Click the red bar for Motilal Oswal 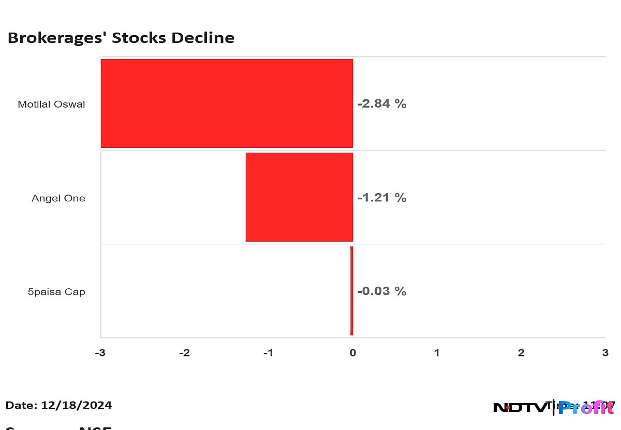[x=227, y=103]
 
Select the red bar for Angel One [x=299, y=197]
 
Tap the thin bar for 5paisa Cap [x=351, y=291]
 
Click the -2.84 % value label [x=382, y=103]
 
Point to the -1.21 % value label [x=382, y=198]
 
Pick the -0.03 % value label [x=382, y=291]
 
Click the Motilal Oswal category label [x=51, y=104]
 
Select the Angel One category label [x=58, y=198]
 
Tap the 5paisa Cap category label [x=56, y=292]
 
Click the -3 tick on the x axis [x=100, y=353]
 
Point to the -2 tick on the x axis [x=184, y=353]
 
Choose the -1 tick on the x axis [x=268, y=353]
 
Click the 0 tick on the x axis [x=352, y=353]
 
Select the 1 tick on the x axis [x=437, y=353]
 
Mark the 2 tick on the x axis [x=521, y=353]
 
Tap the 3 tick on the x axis [x=605, y=353]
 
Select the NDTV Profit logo [x=553, y=408]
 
